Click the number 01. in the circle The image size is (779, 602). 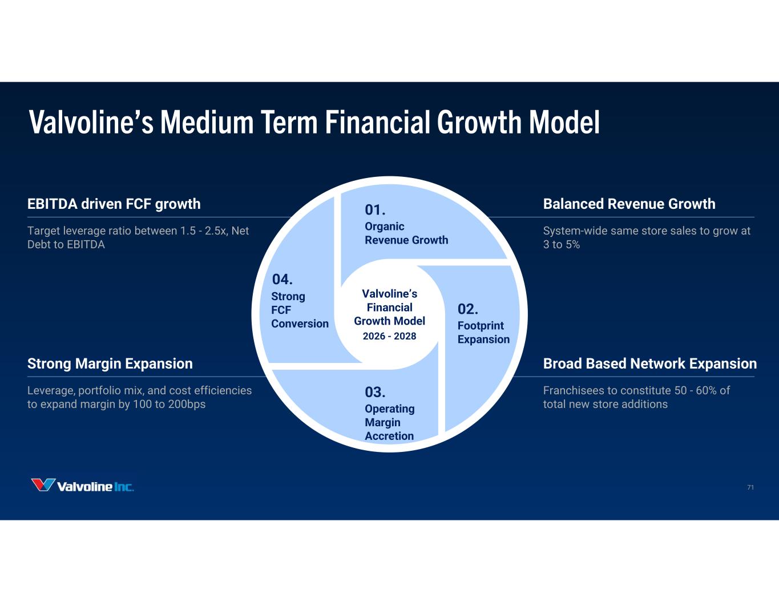point(375,210)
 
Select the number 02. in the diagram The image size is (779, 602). point(467,309)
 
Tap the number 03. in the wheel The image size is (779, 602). point(375,393)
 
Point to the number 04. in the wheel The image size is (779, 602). point(282,280)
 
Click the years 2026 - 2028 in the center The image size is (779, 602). point(389,336)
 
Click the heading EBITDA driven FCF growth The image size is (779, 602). point(114,204)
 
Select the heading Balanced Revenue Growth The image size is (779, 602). point(629,204)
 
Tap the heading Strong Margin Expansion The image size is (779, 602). point(110,363)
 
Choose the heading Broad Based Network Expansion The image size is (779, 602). point(649,363)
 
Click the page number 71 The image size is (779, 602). point(750,487)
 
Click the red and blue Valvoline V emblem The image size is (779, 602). point(43,485)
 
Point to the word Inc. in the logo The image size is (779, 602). point(124,487)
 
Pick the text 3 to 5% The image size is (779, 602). point(561,244)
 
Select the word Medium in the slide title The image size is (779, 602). point(207,122)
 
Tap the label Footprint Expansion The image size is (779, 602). point(483,332)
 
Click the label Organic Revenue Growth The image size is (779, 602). point(406,233)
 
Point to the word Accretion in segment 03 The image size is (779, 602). point(389,436)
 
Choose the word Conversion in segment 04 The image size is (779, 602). point(300,324)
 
